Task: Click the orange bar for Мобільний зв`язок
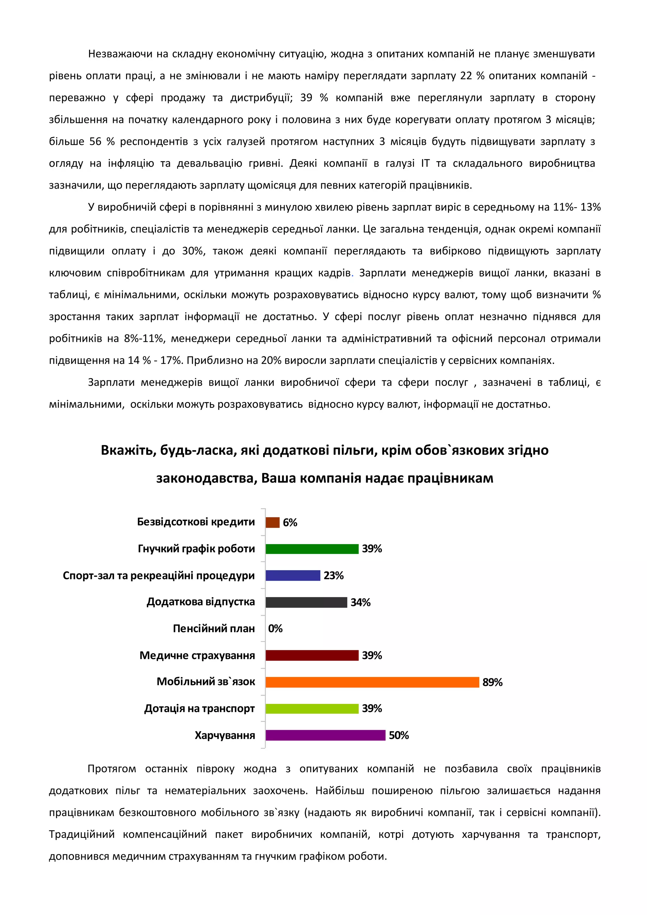pos(372,682)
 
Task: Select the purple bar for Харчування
pos(325,735)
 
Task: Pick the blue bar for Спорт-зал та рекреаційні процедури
pos(293,575)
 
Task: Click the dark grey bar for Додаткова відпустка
pos(306,602)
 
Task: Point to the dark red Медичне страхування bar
pos(312,655)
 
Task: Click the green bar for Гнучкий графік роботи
pos(312,549)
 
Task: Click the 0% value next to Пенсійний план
pos(275,628)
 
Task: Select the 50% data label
pos(398,735)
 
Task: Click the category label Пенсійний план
pos(214,628)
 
